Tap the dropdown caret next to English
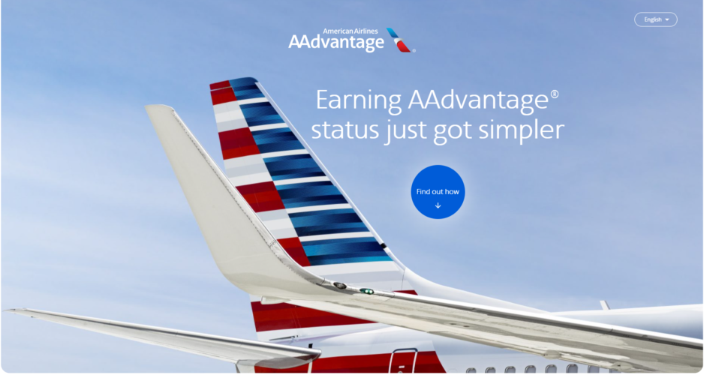pyautogui.click(x=667, y=19)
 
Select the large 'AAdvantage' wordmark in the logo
pyautogui.click(x=335, y=43)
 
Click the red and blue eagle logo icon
pyautogui.click(x=400, y=40)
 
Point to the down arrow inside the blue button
pyautogui.click(x=438, y=205)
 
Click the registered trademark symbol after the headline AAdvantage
pyautogui.click(x=555, y=94)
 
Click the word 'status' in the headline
pyautogui.click(x=343, y=131)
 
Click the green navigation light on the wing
pyautogui.click(x=366, y=291)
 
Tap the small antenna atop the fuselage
pyautogui.click(x=603, y=305)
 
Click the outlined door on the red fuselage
pyautogui.click(x=402, y=360)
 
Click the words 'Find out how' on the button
pyautogui.click(x=438, y=191)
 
